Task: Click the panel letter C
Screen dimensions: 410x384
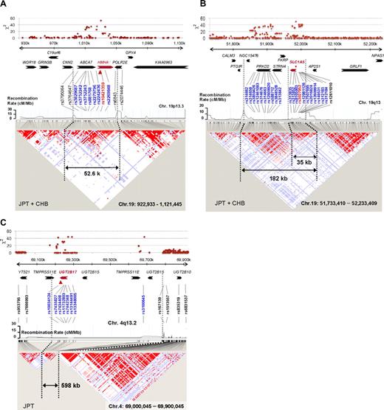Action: click(5, 219)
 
